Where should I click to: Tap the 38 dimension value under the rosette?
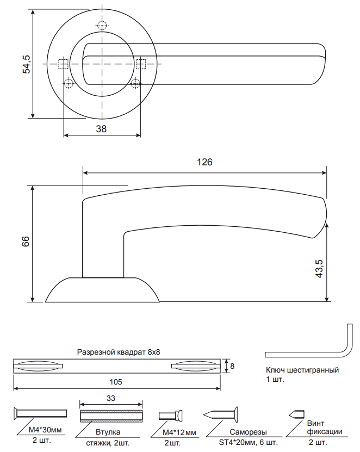tap(101, 129)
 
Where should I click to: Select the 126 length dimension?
tap(204, 163)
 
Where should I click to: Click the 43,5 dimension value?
tap(320, 269)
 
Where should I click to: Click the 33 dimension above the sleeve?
tap(111, 398)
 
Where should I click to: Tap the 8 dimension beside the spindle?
tap(232, 366)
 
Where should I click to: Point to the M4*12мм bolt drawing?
tap(170, 416)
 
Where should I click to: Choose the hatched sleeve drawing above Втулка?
tap(111, 416)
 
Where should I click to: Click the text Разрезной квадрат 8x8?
tap(119, 352)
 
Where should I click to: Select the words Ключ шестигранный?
tap(302, 370)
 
